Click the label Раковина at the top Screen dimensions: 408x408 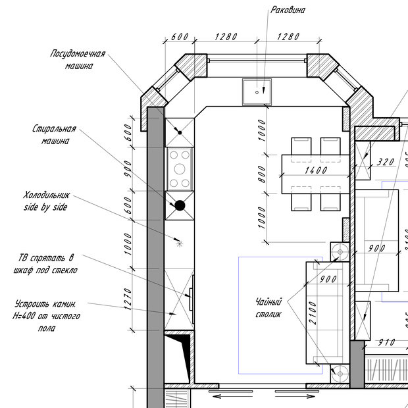coord(288,10)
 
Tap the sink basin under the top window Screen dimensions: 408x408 coord(257,92)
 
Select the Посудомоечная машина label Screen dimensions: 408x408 coord(78,60)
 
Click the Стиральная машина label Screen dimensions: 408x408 coord(54,134)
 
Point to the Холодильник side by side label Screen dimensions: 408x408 coord(47,201)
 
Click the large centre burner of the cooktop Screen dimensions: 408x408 coord(180,169)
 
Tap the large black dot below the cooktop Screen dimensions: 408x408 coord(180,205)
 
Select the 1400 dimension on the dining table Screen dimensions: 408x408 coord(316,170)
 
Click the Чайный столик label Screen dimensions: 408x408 coord(268,308)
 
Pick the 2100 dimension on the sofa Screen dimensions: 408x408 coord(313,313)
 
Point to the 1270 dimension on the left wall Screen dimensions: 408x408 coord(128,299)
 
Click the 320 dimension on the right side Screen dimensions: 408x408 coord(386,163)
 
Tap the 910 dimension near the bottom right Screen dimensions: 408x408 coord(387,342)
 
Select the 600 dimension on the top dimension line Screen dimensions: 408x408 coord(180,37)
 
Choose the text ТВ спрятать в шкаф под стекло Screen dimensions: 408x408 coord(45,264)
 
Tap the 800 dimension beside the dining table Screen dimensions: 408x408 coord(262,174)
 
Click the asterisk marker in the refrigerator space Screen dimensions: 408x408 coord(180,243)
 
